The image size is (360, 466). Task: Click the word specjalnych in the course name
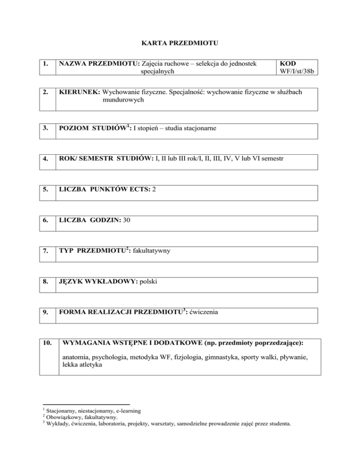click(158, 72)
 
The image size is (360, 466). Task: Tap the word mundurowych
click(123, 100)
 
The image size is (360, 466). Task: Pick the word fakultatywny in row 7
click(151, 251)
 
